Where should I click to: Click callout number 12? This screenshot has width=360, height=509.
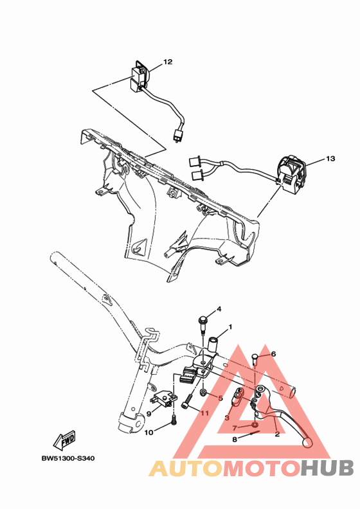click(168, 62)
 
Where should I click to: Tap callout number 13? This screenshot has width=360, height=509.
click(330, 158)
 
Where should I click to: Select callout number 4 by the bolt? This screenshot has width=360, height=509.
click(219, 309)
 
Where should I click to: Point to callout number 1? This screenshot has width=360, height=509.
click(230, 326)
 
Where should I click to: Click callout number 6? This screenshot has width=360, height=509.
click(273, 353)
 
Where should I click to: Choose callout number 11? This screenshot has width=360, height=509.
click(204, 413)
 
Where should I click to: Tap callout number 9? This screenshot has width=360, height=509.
click(148, 414)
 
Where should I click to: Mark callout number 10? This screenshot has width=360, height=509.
click(148, 433)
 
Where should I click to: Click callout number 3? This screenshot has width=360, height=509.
click(227, 418)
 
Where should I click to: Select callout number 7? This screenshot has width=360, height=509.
click(235, 427)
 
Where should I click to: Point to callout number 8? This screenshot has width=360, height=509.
click(235, 440)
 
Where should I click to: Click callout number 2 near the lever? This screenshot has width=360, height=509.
click(277, 434)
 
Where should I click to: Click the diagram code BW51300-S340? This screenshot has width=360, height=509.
click(67, 459)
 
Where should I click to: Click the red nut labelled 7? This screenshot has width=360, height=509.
click(255, 426)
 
